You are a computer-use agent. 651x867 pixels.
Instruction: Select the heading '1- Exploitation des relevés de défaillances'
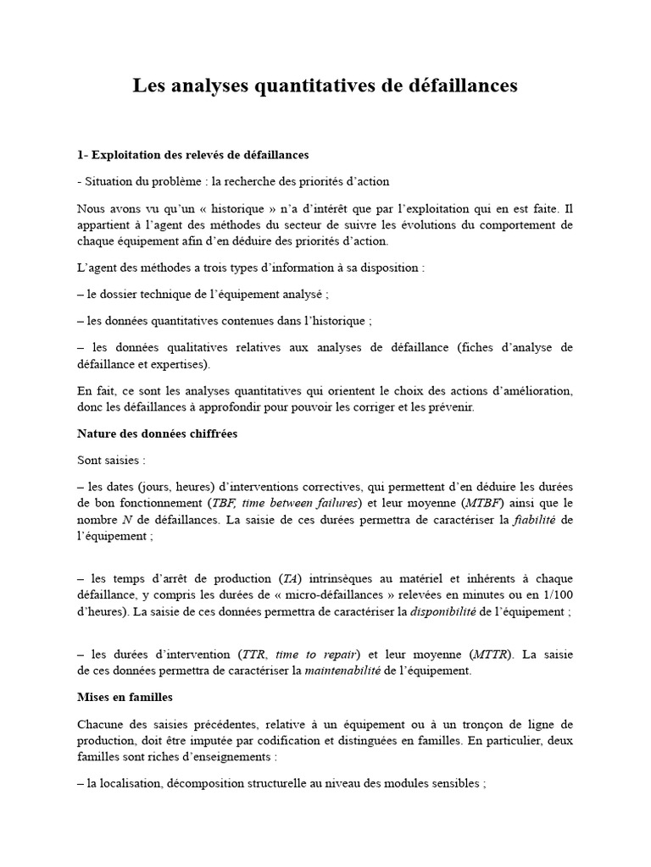pos(192,155)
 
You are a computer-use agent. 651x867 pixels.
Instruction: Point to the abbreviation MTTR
pos(496,654)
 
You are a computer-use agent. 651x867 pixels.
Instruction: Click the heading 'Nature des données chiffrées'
pos(157,433)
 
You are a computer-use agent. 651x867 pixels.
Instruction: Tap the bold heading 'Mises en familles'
pos(125,697)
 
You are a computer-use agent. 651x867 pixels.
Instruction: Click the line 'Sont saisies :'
pos(110,460)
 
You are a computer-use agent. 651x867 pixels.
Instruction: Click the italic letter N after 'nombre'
pos(125,519)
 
